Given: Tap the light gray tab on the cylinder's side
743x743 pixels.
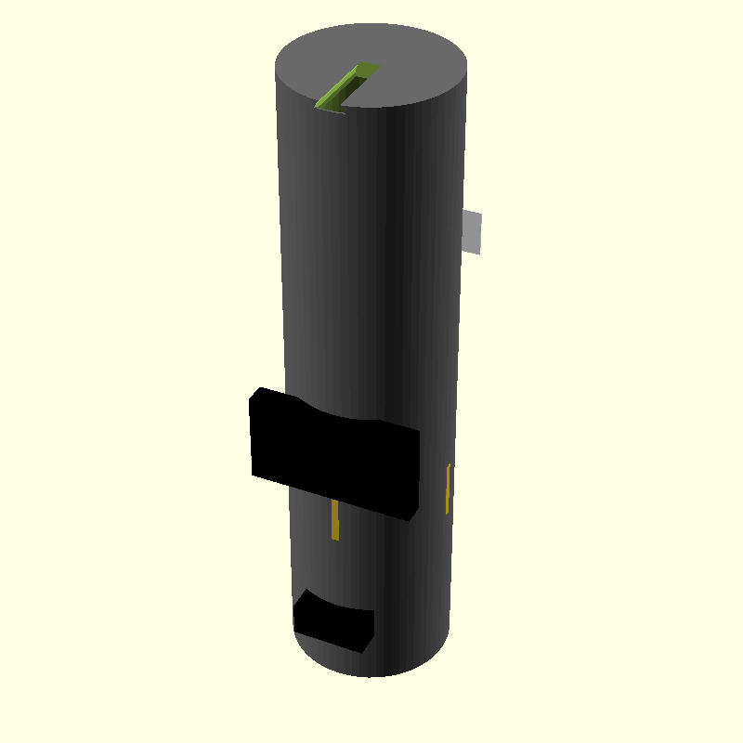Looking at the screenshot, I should pos(473,231).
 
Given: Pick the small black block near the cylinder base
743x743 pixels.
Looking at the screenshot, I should pos(332,620).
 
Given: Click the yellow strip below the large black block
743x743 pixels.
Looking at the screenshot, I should pos(334,520).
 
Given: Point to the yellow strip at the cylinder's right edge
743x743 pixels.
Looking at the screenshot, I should pos(449,489).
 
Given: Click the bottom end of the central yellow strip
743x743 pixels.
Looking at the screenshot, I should pos(334,537).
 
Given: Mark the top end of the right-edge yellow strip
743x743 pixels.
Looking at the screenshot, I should pos(450,467).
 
